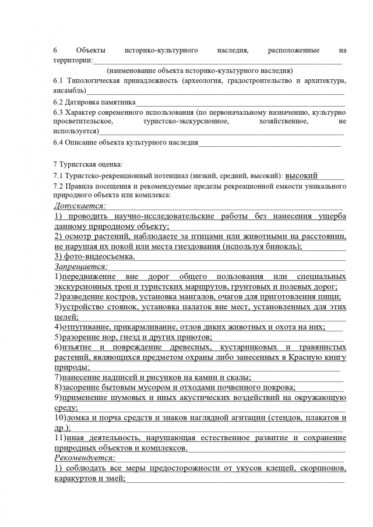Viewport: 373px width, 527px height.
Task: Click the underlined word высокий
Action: click(x=301, y=175)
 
